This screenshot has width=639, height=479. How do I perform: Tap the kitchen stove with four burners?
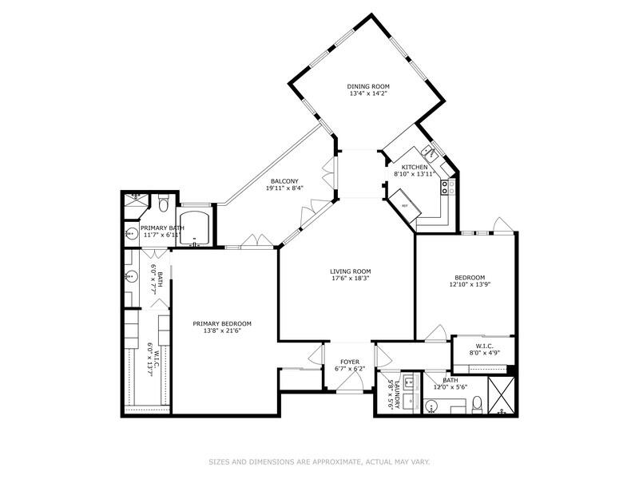[x=449, y=188]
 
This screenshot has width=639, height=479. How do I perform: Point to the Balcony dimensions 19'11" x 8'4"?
[x=284, y=188]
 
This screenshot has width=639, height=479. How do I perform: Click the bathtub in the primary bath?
[x=195, y=229]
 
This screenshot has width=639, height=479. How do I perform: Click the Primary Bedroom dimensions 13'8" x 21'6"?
[x=222, y=331]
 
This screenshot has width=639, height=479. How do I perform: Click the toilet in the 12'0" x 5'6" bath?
[x=477, y=405]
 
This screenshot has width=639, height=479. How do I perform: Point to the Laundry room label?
[x=392, y=390]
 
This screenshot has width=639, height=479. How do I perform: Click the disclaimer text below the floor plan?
[x=319, y=461]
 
